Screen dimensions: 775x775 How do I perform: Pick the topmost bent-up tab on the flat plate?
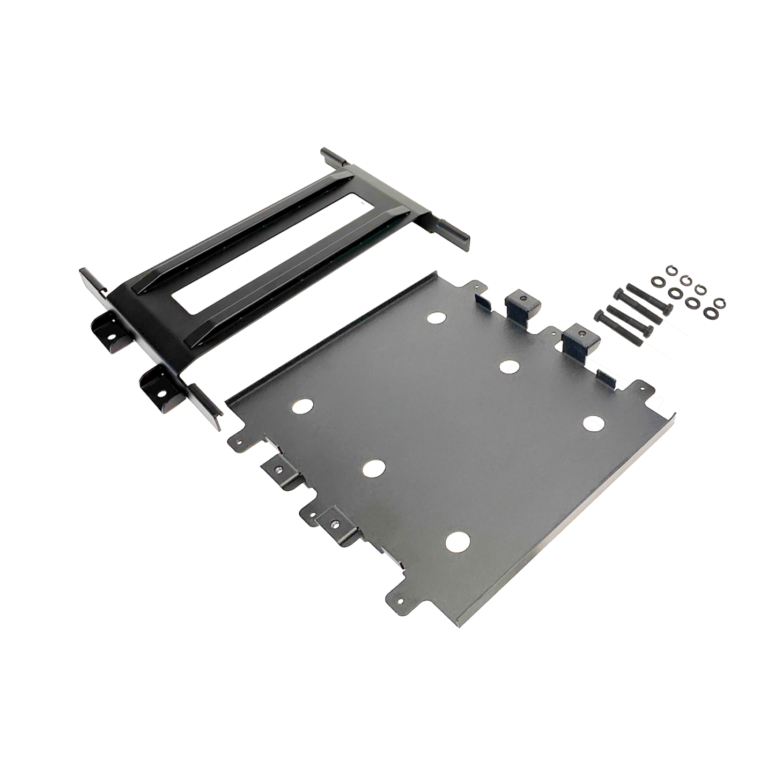520,301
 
